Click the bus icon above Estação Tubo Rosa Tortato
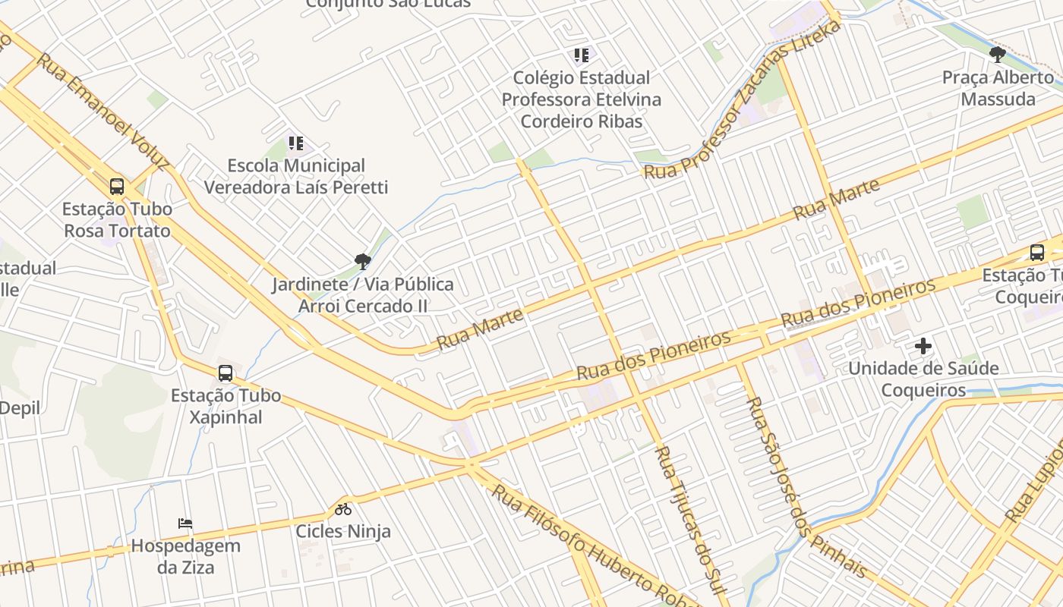(x=117, y=186)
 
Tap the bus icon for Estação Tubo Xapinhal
(x=226, y=373)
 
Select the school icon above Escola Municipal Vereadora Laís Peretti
(x=295, y=143)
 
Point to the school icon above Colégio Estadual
(x=582, y=55)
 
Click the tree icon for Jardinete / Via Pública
(x=363, y=262)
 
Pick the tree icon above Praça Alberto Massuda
(x=998, y=55)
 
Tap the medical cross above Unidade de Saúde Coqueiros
(x=923, y=346)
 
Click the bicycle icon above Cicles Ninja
(x=343, y=509)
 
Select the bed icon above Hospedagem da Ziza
(x=185, y=524)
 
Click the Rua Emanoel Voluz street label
(x=103, y=111)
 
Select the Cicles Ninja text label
(x=343, y=530)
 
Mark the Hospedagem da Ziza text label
(x=185, y=556)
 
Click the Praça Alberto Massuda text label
(x=998, y=88)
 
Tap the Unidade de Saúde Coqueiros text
(x=923, y=379)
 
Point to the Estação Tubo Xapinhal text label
(x=226, y=406)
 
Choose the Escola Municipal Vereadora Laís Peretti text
(x=296, y=176)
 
